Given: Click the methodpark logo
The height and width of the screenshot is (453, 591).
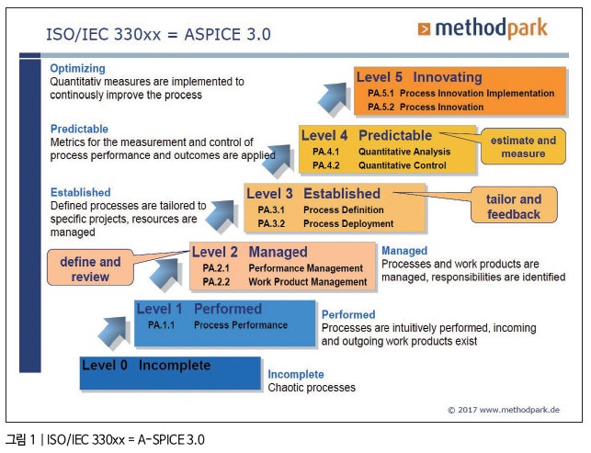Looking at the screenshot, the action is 483,28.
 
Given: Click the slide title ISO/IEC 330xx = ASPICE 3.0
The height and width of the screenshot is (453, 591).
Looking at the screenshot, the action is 158,34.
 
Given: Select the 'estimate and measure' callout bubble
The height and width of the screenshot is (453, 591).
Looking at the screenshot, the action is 523,147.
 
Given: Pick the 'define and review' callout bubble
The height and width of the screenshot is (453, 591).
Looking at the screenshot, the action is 90,268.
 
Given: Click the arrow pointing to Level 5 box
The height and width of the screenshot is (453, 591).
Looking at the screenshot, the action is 334,98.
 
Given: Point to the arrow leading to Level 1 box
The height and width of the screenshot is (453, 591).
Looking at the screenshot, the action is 113,333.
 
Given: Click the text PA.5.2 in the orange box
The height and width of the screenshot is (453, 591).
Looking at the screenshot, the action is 381,107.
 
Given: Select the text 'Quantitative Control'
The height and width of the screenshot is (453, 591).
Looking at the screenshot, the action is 403,165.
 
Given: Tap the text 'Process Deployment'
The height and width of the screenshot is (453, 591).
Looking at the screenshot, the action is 348,223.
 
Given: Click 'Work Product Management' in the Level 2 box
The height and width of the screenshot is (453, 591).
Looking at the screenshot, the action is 308,282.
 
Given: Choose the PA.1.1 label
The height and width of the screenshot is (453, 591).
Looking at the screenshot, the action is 162,325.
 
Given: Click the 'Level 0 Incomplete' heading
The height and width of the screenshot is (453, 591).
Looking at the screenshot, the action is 146,365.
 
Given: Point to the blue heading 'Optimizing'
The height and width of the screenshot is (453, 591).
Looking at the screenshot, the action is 77,68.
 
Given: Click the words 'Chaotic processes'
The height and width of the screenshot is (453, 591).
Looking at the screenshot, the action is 312,388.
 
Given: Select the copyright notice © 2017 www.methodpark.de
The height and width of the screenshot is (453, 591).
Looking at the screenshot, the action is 504,410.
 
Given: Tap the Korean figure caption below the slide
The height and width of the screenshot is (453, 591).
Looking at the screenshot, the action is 105,439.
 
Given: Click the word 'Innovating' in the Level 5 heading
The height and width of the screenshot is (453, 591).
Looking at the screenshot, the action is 448,77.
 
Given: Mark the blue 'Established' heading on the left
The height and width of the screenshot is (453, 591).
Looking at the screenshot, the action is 81,192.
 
